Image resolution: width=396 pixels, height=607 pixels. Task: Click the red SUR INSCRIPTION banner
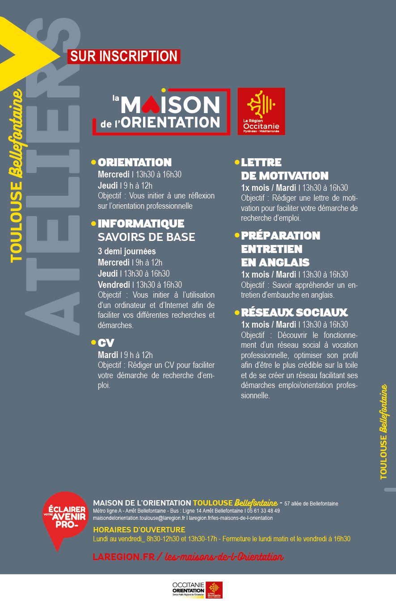click(124, 56)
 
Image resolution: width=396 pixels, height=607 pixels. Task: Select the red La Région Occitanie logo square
click(261, 111)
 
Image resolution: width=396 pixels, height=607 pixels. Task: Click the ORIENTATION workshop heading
click(135, 162)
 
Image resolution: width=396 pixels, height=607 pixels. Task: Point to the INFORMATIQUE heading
click(141, 223)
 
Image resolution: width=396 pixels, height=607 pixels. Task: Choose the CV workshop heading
click(106, 343)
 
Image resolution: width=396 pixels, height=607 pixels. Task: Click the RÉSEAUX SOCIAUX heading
click(294, 312)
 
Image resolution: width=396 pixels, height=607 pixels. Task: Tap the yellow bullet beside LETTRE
click(237, 161)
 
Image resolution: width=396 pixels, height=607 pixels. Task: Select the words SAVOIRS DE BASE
click(146, 237)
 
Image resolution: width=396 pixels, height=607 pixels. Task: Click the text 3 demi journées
click(126, 251)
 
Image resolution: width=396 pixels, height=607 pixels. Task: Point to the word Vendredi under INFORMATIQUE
click(114, 285)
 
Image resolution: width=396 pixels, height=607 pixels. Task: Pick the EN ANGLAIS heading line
click(275, 262)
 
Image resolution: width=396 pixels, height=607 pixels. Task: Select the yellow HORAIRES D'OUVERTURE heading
click(139, 530)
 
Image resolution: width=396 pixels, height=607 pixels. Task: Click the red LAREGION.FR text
click(123, 557)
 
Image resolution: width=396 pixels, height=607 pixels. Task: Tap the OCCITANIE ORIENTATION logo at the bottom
click(189, 590)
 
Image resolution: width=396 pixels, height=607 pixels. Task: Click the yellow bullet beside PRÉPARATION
click(237, 235)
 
